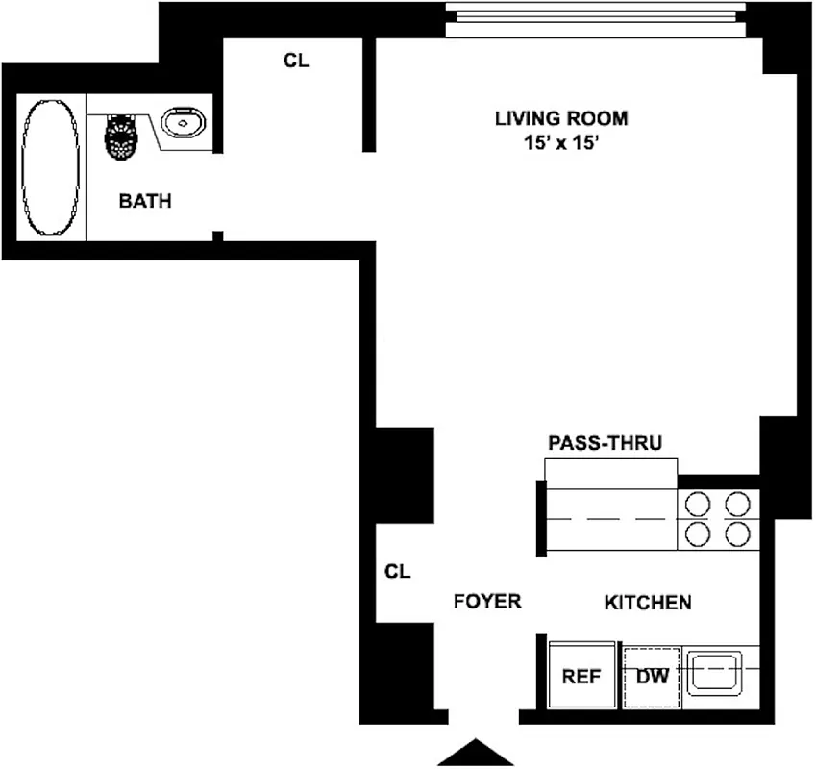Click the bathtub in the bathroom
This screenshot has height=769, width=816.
pos(50,167)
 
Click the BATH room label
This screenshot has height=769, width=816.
pos(145,202)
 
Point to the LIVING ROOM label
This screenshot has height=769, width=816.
pos(561,119)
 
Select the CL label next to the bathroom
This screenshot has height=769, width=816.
pos(296,61)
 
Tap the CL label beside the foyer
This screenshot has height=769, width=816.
pos(397,571)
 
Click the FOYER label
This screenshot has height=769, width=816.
pos(487,602)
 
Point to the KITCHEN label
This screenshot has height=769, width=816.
pos(648,603)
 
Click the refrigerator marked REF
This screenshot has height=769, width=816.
pos(581,676)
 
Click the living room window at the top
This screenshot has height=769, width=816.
pos(605,20)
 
